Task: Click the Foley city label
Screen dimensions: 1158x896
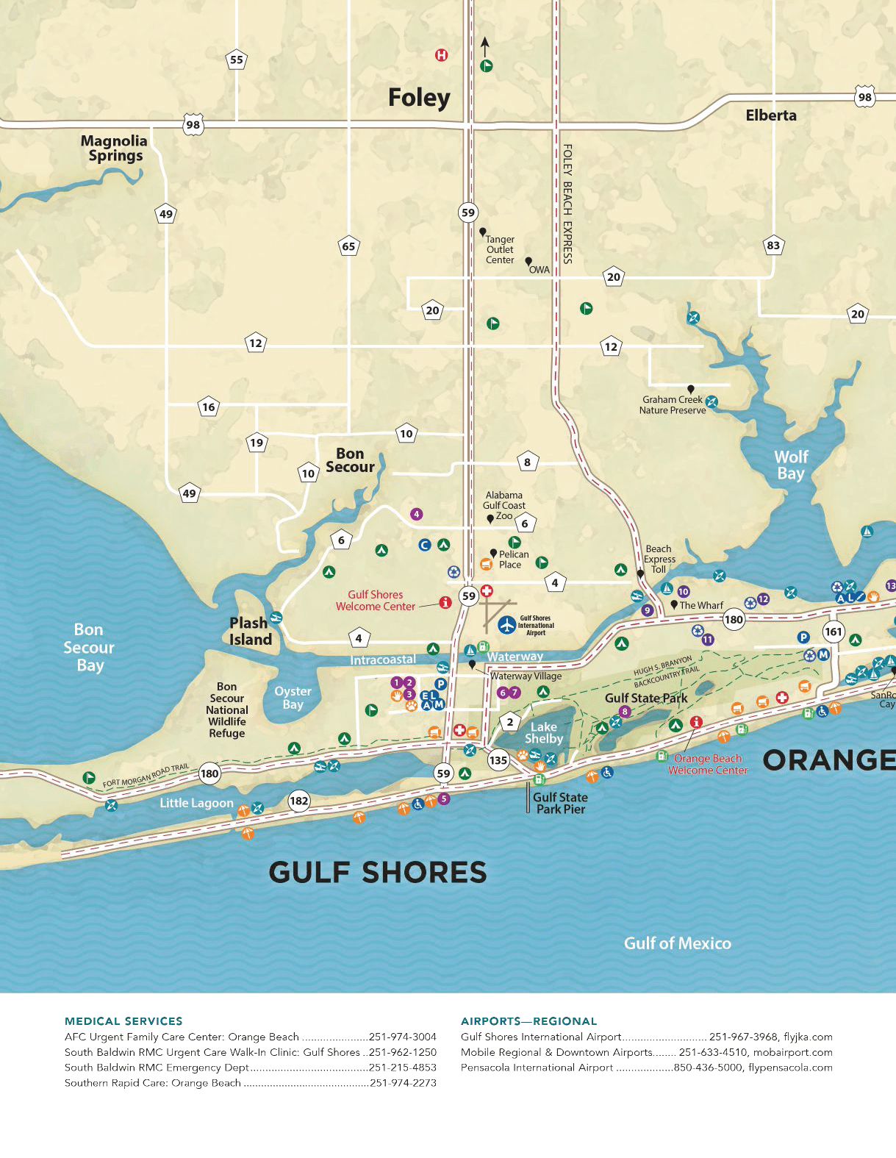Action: pos(419,98)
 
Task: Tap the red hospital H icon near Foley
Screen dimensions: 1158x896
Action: pos(441,55)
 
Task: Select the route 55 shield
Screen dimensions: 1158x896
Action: pos(236,60)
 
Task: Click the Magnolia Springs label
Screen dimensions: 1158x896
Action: pos(115,148)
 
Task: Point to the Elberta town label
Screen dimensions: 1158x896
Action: pos(770,115)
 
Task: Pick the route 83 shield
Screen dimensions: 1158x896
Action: pos(773,246)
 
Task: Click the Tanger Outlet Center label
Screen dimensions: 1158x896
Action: pos(500,250)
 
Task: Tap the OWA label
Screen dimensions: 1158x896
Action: pos(540,270)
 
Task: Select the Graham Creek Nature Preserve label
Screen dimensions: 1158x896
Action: pos(672,405)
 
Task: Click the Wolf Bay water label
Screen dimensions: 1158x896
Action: pos(791,465)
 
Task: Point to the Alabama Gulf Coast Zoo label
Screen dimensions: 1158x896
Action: pos(504,505)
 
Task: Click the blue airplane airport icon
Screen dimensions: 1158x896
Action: pos(507,625)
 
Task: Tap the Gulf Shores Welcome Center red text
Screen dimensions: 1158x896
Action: pos(376,601)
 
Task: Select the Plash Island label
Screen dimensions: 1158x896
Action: pos(250,632)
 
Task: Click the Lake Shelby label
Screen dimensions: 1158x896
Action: pos(544,733)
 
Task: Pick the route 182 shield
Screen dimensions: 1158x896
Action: pos(299,801)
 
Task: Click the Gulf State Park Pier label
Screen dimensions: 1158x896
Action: pos(560,803)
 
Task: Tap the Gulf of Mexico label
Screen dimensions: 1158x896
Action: pos(677,943)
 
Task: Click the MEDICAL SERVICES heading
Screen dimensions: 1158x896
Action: pos(123,1021)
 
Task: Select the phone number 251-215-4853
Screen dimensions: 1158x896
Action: pos(403,1068)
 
